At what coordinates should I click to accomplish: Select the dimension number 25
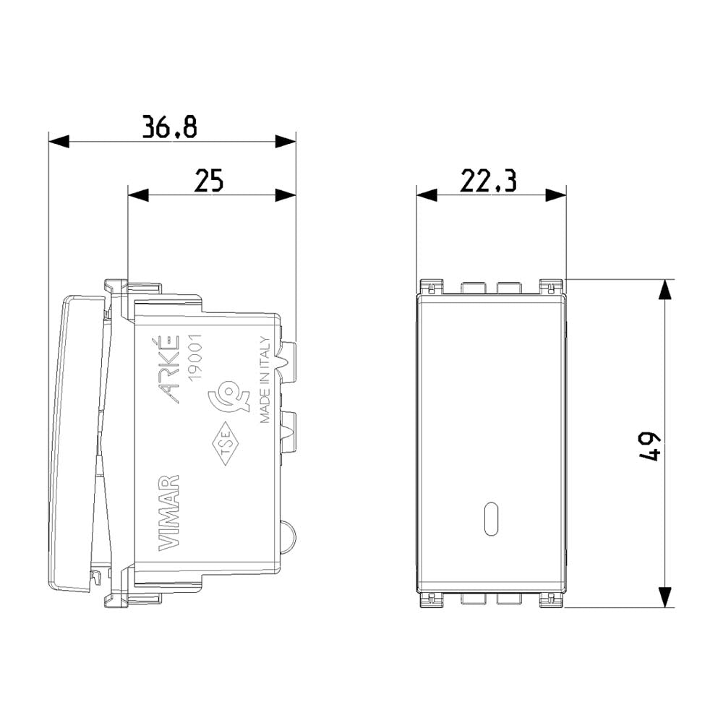(x=209, y=181)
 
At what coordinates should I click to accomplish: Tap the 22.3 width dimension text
(x=489, y=181)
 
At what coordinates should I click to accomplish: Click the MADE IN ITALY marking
(x=265, y=380)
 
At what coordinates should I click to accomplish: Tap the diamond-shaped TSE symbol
(x=225, y=442)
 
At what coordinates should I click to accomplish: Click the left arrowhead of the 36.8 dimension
(x=58, y=141)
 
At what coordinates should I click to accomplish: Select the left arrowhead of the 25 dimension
(x=137, y=194)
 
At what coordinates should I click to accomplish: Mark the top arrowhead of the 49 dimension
(x=664, y=289)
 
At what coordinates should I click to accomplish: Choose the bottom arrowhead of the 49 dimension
(x=664, y=597)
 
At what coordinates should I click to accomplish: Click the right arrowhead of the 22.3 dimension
(x=556, y=194)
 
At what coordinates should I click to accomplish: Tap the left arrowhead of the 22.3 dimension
(x=427, y=194)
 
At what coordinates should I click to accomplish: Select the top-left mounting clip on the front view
(x=431, y=287)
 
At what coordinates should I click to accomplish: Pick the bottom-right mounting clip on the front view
(x=552, y=599)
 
